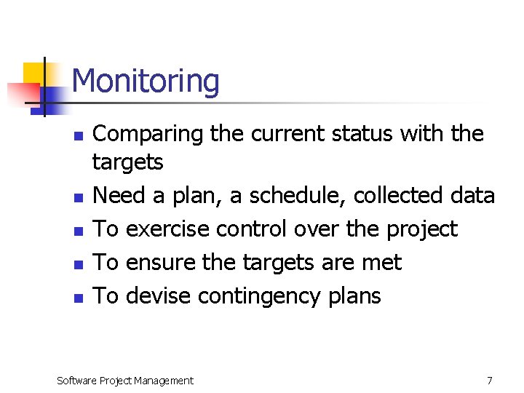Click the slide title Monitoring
146,81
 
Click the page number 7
490,381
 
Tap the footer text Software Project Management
125,381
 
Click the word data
472,196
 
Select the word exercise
167,229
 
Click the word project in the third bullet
418,230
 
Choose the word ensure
157,263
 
